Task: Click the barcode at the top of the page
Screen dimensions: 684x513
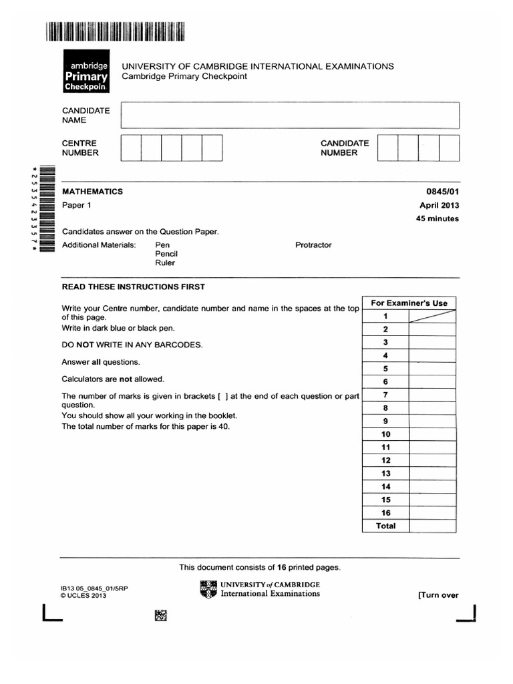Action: (x=115, y=32)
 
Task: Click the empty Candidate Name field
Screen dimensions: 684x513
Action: (x=289, y=115)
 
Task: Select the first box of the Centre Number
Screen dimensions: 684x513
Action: (x=131, y=148)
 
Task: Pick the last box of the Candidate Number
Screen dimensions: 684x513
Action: (x=449, y=148)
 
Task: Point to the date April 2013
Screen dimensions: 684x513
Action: (x=439, y=206)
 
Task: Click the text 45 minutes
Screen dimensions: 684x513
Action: (x=437, y=219)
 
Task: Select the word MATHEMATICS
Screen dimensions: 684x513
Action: (x=93, y=192)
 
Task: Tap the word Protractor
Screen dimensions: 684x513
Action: (x=313, y=245)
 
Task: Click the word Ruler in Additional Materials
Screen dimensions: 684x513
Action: (x=165, y=263)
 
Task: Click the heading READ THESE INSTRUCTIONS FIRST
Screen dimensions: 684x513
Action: (x=134, y=287)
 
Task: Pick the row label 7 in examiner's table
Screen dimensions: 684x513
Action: (x=385, y=395)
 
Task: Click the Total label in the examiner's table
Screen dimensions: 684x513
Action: (x=385, y=526)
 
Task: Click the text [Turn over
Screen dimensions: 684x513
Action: (x=438, y=595)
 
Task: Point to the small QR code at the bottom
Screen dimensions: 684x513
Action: (x=160, y=616)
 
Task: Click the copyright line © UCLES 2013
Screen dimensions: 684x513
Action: (x=83, y=596)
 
